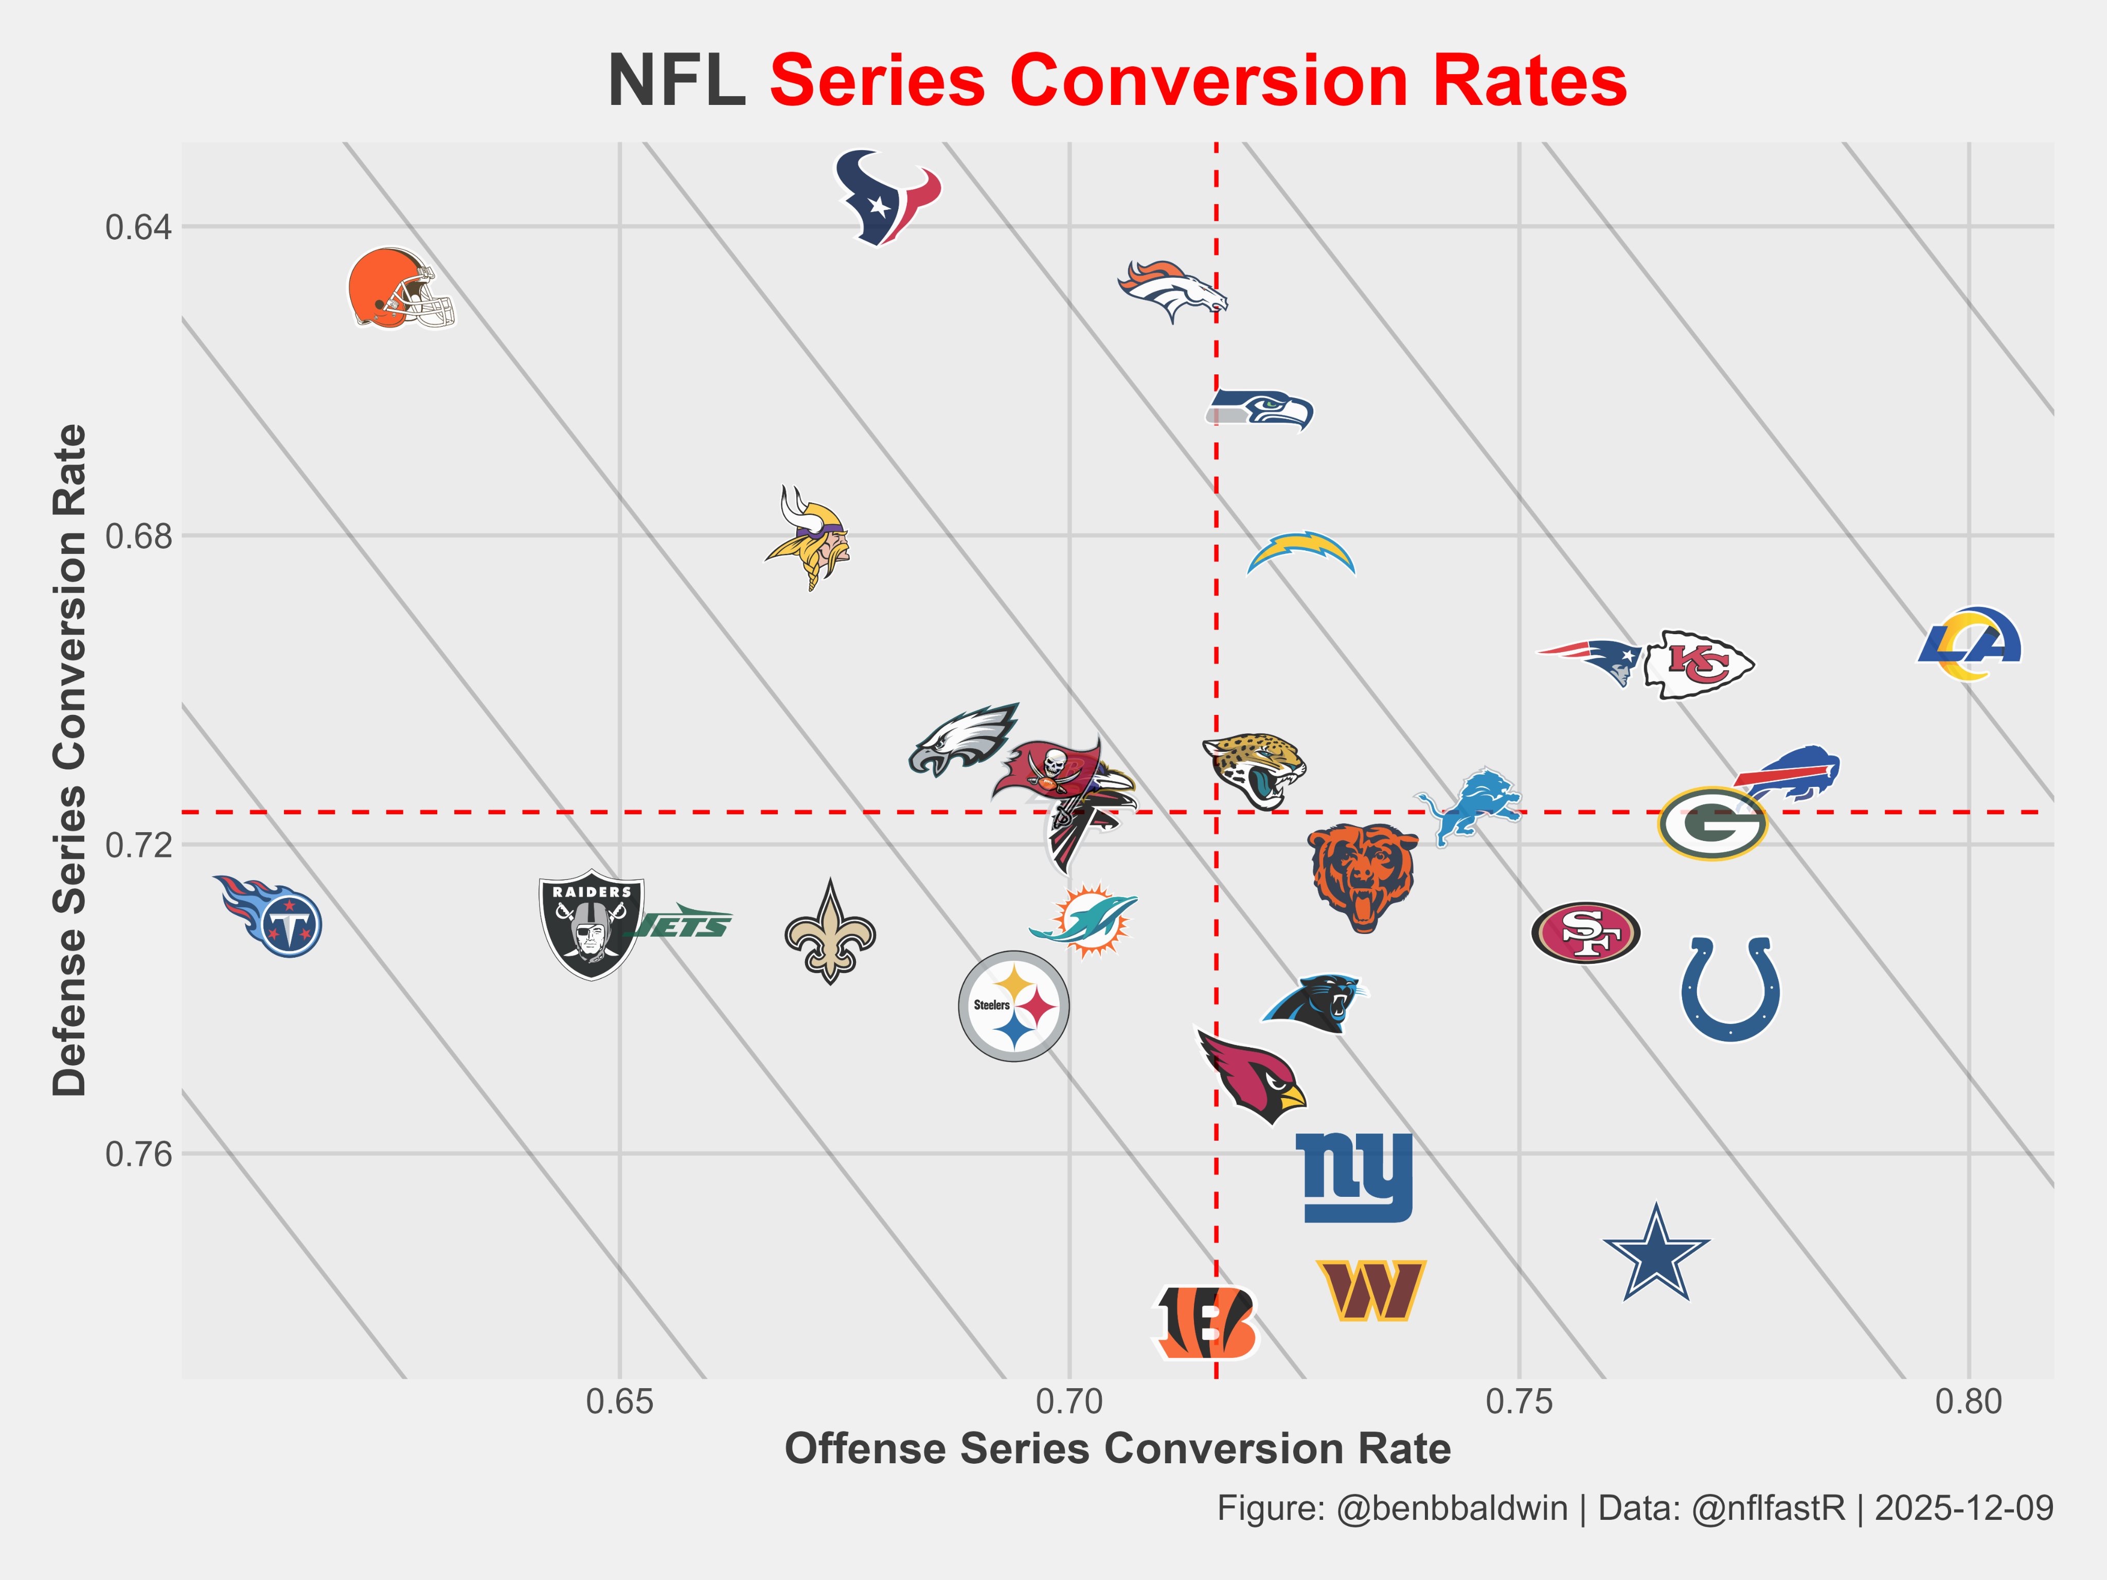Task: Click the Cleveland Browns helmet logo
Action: (399, 289)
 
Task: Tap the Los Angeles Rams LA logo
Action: (1969, 644)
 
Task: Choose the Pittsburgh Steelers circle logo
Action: (1013, 1006)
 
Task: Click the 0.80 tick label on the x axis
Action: (1968, 1402)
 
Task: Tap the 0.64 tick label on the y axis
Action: (139, 228)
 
